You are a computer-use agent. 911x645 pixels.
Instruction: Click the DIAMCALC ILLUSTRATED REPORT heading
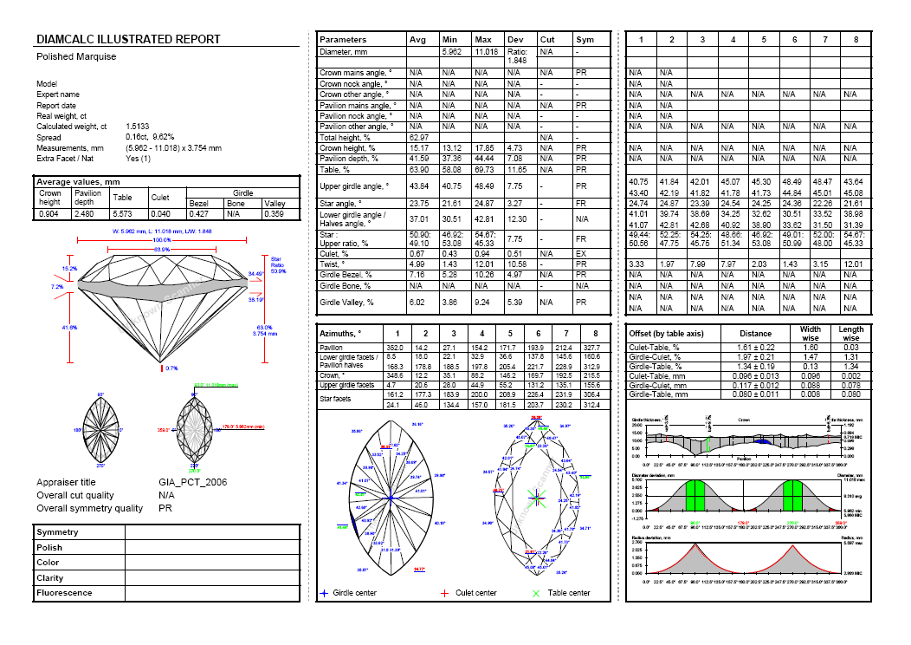pos(128,40)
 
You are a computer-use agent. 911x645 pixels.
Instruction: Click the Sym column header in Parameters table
pos(585,40)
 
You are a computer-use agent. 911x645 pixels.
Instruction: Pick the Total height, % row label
pos(346,137)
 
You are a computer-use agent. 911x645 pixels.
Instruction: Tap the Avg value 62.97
pos(419,137)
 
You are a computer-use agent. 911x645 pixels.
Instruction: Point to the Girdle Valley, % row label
pos(347,302)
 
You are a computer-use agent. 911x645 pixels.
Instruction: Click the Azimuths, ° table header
pos(340,333)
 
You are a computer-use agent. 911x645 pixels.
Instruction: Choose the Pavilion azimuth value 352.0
pos(396,347)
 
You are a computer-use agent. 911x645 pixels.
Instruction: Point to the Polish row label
pos(49,548)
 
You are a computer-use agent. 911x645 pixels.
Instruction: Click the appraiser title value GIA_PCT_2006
pos(193,482)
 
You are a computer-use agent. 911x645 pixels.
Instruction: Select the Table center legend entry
pos(561,593)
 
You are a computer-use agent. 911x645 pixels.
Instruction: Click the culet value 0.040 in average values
pos(160,213)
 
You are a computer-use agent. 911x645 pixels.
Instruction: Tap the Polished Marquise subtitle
pos(76,57)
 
